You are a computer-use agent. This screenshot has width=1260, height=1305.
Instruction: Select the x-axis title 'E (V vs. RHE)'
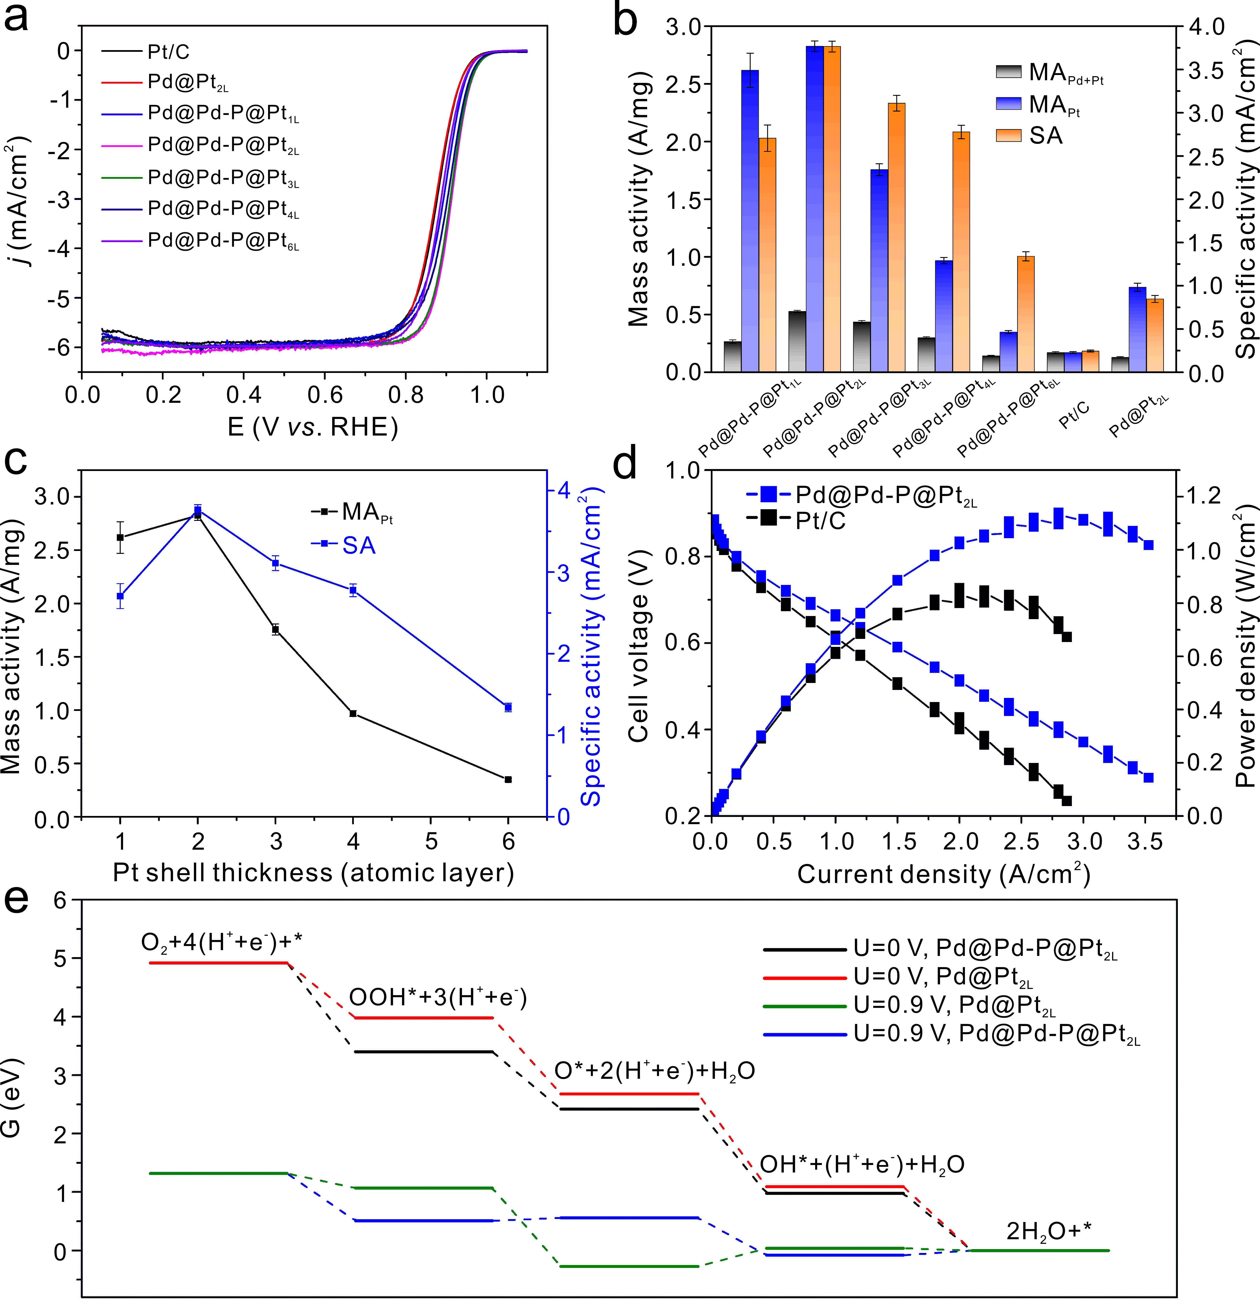(x=313, y=427)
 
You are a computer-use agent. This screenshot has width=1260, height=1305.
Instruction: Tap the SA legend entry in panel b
(x=1045, y=136)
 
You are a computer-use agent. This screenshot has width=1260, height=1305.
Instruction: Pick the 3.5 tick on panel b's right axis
(x=1206, y=71)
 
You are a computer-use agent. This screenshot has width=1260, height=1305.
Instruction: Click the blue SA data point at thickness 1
(x=120, y=596)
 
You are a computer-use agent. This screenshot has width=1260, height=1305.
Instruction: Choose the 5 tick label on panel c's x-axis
(x=431, y=841)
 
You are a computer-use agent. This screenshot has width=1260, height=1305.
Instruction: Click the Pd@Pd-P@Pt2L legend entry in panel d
(x=885, y=495)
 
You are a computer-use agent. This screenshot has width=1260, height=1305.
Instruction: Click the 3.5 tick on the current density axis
(x=1145, y=841)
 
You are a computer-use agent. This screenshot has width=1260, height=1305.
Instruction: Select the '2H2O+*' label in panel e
(x=1048, y=1232)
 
